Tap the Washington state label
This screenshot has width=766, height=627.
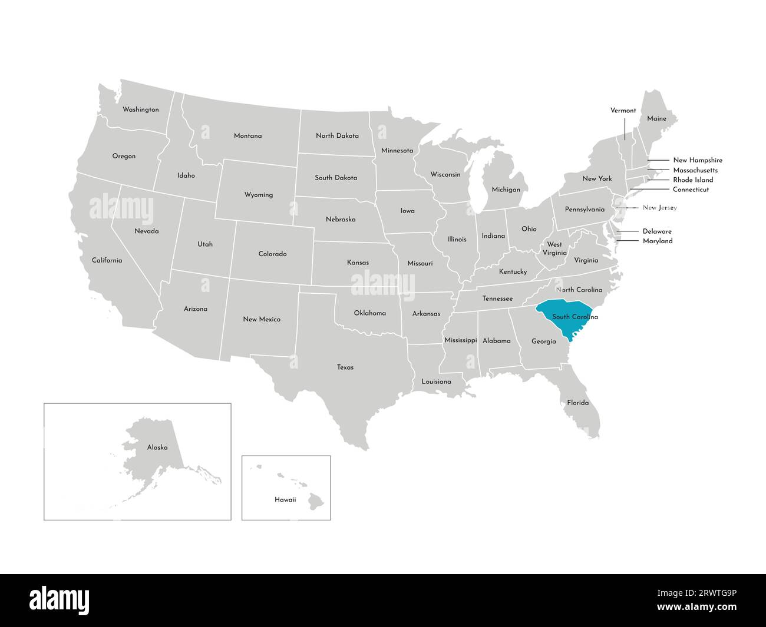pos(140,110)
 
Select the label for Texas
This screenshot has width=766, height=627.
pos(345,367)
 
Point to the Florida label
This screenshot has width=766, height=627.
pos(577,403)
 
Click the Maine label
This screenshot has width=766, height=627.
pos(656,118)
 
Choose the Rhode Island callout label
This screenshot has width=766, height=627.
pos(693,180)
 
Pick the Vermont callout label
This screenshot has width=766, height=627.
pos(623,110)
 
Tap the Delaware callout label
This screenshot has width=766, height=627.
pos(657,231)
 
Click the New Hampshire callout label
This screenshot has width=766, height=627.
pos(698,160)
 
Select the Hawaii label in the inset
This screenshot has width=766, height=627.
pos(285,499)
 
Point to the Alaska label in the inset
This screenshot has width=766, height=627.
pos(157,447)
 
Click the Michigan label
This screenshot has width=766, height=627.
pos(506,190)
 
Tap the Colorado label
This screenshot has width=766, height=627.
pos(272,254)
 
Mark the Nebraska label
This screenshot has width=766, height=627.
pos(341,219)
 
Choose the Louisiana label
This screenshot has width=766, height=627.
pos(436,381)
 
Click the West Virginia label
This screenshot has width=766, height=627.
pos(554,248)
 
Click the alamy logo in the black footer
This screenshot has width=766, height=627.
pos(60,601)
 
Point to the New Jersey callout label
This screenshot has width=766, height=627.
pos(659,208)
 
